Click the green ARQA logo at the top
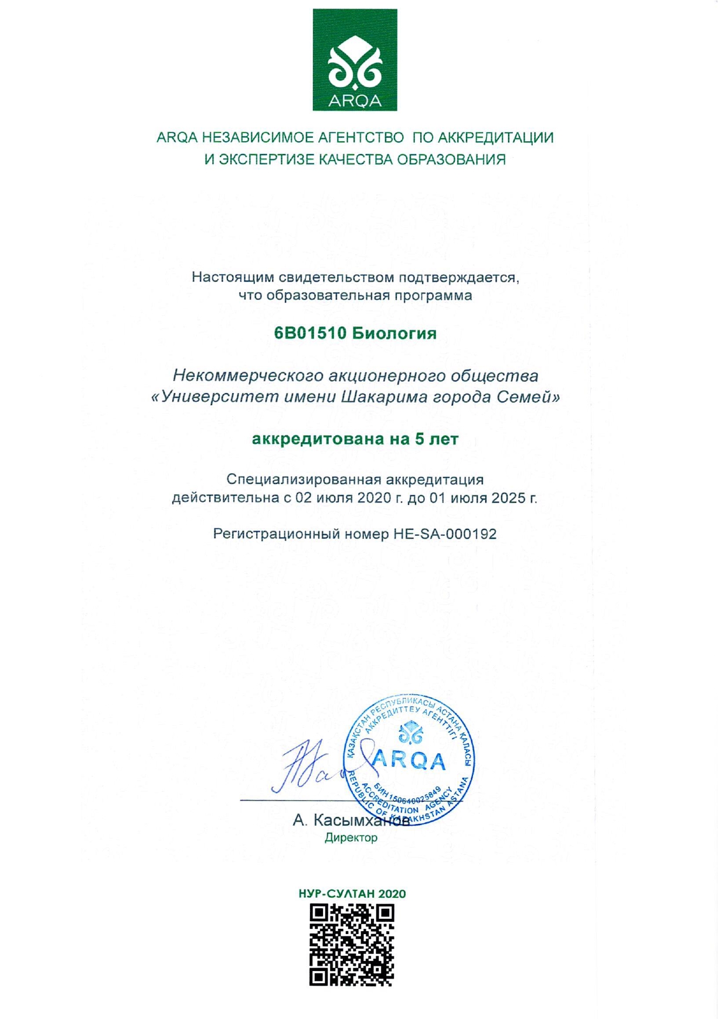[x=355, y=60]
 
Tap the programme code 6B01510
[x=310, y=333]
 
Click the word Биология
[x=394, y=333]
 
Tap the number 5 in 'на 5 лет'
[x=420, y=439]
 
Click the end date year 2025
[x=508, y=498]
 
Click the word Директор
[x=351, y=837]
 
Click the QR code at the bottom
[x=352, y=945]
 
